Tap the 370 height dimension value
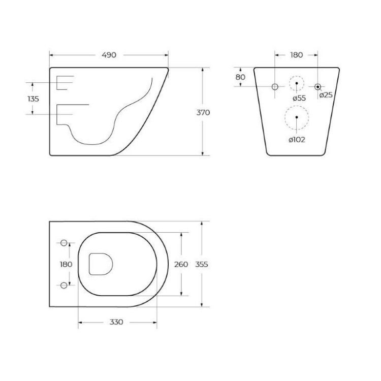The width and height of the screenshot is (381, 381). tap(203, 112)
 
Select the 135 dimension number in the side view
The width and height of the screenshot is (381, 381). tap(33, 99)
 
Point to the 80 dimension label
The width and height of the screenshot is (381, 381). tap(240, 77)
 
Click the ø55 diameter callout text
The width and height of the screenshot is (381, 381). tap(299, 98)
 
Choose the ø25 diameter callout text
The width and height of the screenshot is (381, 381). tap(326, 95)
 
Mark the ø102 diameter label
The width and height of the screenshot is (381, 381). tap(297, 139)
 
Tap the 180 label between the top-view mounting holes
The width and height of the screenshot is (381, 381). tap(66, 264)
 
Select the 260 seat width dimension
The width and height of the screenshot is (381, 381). tap(181, 264)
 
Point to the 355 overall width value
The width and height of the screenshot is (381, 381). tap(202, 264)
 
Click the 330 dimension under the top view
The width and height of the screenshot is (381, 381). tap(117, 323)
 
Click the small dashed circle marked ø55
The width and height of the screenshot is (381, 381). tap(296, 83)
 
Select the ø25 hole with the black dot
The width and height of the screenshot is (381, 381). tap(317, 87)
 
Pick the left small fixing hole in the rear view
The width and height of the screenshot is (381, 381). tap(275, 87)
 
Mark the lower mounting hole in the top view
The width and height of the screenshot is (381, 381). tap(64, 285)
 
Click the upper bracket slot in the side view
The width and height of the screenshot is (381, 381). tap(65, 83)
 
